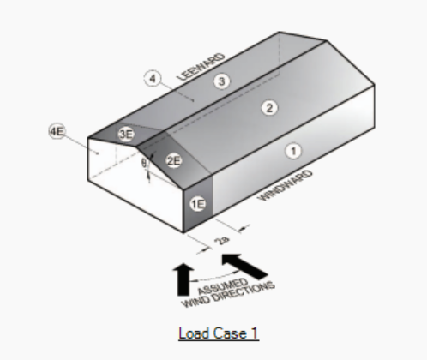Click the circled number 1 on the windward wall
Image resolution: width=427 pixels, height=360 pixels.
pos(293,151)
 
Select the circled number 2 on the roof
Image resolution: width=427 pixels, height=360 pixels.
pos(269,108)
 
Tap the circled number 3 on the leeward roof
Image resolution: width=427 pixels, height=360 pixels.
pos(222,81)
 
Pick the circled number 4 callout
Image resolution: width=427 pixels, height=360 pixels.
pos(153,78)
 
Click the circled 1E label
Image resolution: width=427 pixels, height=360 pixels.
pos(198,204)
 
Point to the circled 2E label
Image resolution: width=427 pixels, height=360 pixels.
pos(174,161)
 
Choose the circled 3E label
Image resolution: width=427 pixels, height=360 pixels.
pos(126,134)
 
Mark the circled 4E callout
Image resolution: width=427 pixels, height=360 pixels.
pos(57,131)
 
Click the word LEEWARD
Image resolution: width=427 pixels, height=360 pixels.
pos(201,67)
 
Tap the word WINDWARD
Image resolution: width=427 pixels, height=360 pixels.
pos(285,185)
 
